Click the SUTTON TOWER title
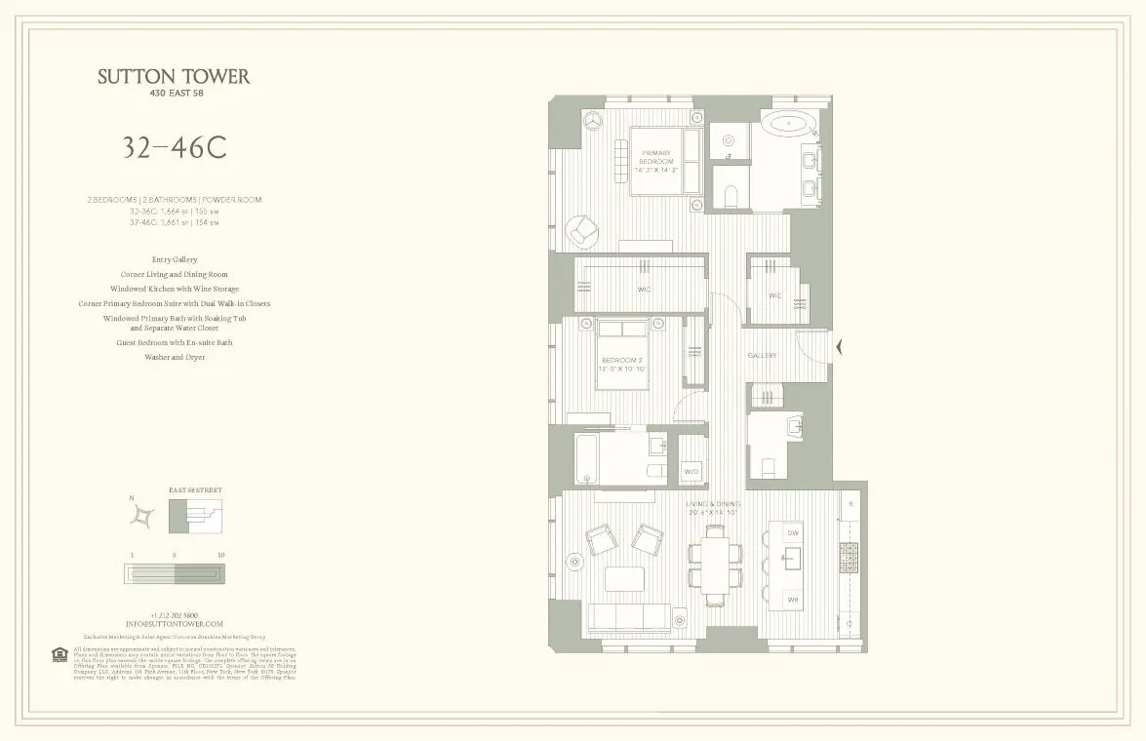(x=174, y=77)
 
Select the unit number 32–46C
(x=174, y=147)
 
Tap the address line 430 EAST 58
(x=174, y=95)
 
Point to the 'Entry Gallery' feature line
(x=174, y=260)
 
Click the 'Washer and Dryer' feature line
(x=174, y=358)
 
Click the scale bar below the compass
(x=174, y=573)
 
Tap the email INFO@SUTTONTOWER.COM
(x=174, y=624)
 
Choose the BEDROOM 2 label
(x=621, y=364)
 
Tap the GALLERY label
(x=762, y=356)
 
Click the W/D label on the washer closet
(x=691, y=471)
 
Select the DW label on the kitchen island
(x=793, y=533)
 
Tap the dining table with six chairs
(x=716, y=565)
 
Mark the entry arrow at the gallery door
(x=840, y=345)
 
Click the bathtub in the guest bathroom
(x=584, y=459)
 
